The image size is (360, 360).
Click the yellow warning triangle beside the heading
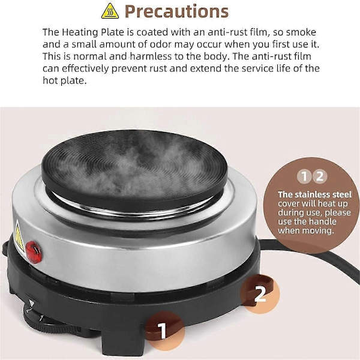(x=110, y=11)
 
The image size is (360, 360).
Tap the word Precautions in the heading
(x=176, y=11)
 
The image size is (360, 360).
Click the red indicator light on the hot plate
(x=34, y=252)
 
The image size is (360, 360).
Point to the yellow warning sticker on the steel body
(x=19, y=237)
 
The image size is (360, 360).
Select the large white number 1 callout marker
(x=163, y=331)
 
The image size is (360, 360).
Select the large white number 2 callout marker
(x=260, y=294)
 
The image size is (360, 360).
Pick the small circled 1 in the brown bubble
(x=304, y=176)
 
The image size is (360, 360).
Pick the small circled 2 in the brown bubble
(x=320, y=176)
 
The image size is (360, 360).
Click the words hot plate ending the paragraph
(x=65, y=81)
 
